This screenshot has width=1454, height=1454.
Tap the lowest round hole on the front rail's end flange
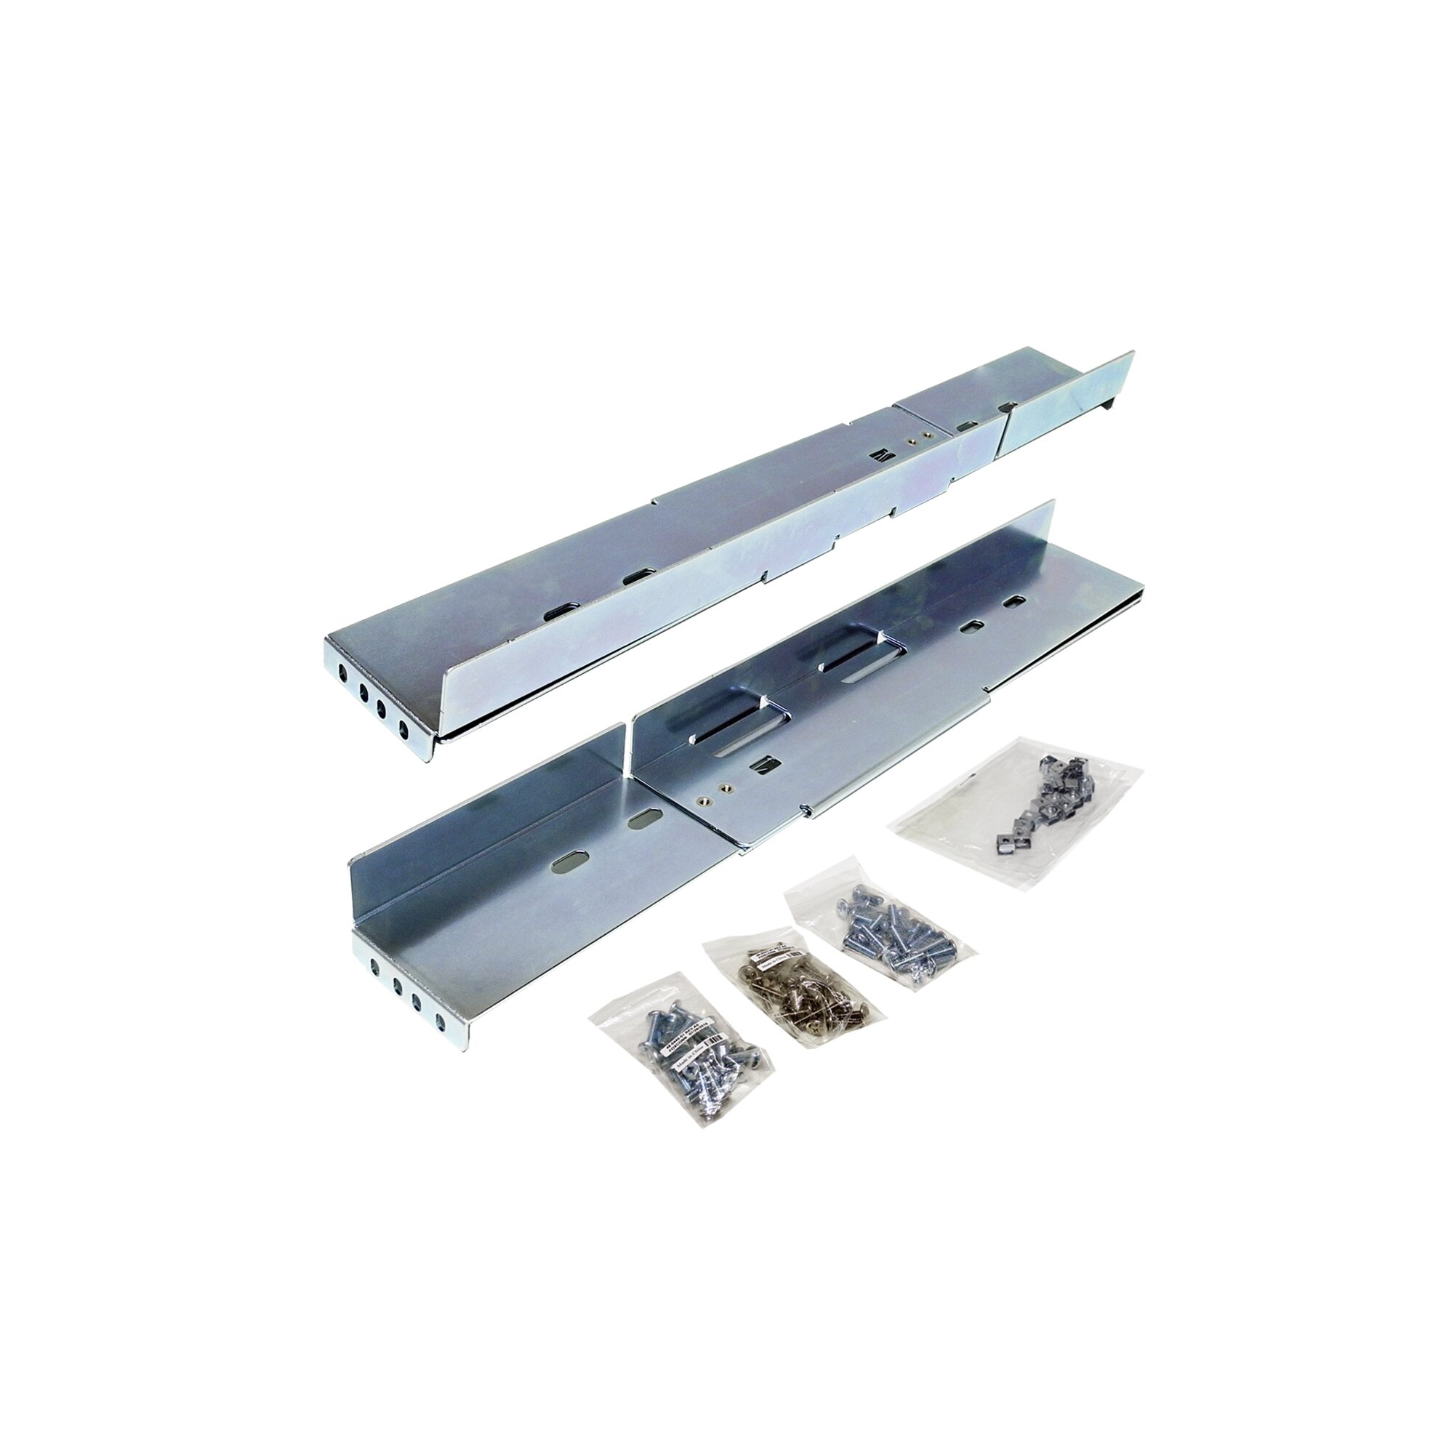coord(440,1021)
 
